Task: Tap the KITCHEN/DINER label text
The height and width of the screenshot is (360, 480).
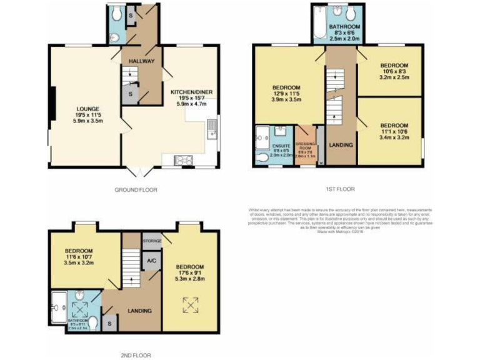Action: pyautogui.click(x=192, y=92)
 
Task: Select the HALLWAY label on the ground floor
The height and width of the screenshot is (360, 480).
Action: pyautogui.click(x=141, y=60)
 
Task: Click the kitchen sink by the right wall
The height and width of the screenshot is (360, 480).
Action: pyautogui.click(x=212, y=129)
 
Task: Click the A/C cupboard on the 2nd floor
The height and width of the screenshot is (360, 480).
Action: pyautogui.click(x=151, y=261)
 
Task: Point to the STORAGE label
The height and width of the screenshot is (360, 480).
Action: pyautogui.click(x=152, y=241)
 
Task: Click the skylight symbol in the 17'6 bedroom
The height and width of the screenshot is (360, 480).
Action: pyautogui.click(x=190, y=305)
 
